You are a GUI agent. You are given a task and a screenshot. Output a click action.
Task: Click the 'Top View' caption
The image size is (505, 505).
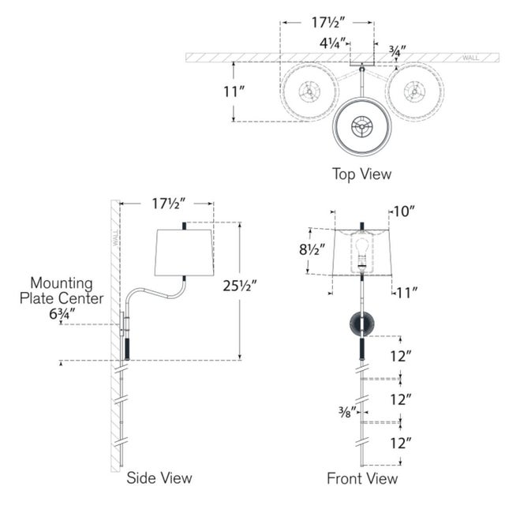point(361,174)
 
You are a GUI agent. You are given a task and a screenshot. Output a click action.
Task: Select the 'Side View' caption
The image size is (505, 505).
point(159,477)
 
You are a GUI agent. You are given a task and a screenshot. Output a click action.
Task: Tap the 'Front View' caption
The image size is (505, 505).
point(362,477)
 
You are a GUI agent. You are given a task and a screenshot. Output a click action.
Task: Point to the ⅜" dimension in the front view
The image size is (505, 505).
point(346,410)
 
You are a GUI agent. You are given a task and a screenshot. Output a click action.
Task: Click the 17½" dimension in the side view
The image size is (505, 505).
point(168,204)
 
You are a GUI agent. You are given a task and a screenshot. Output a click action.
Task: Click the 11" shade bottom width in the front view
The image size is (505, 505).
point(407,293)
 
